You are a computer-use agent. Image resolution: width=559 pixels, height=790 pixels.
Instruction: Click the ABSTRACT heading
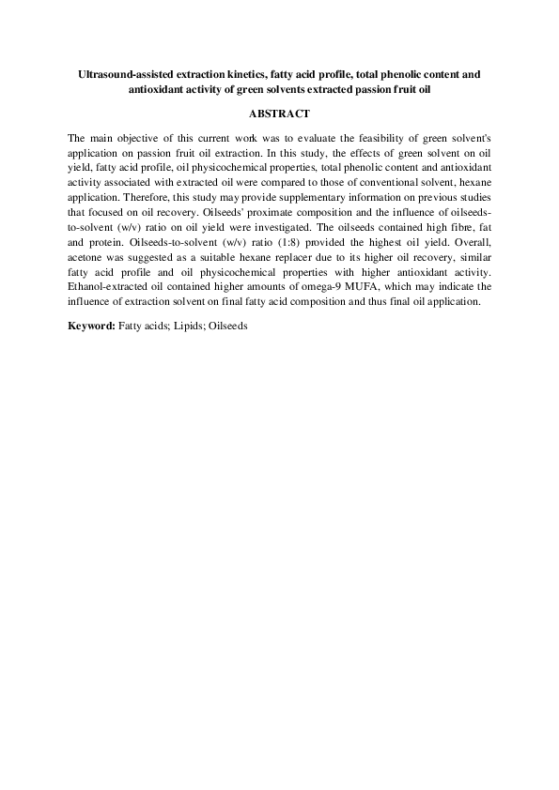pyautogui.click(x=279, y=113)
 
